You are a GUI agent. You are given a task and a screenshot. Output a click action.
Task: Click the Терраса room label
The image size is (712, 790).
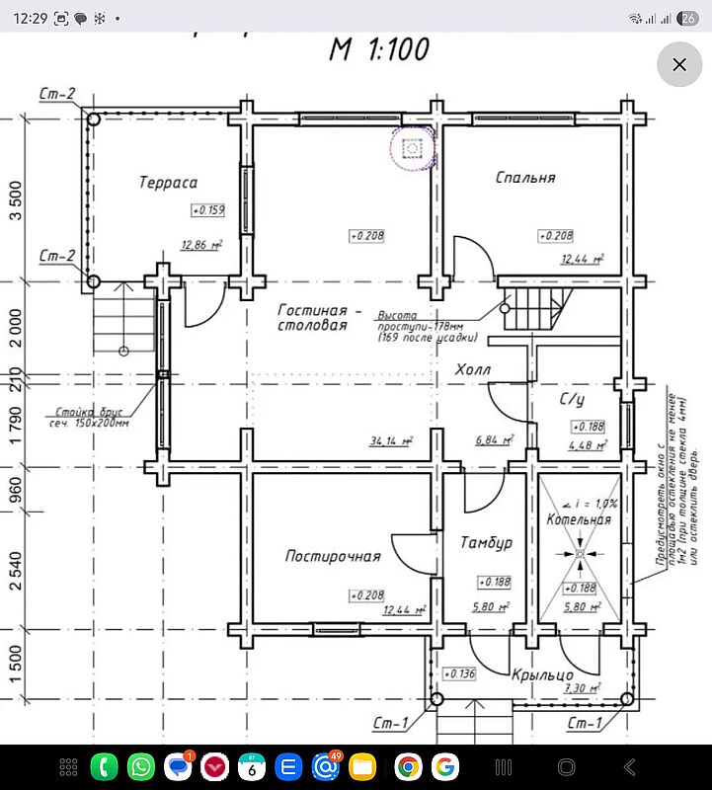(168, 183)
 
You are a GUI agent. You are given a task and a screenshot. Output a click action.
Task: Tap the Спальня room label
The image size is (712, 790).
(524, 179)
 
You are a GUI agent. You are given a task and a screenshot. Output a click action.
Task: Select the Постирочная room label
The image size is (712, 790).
(333, 557)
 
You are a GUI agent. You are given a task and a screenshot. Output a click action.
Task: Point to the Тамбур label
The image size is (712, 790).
(486, 543)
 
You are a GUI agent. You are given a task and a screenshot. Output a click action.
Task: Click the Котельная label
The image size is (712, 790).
(579, 520)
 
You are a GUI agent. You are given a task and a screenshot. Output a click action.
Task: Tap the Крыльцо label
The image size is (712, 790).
(536, 675)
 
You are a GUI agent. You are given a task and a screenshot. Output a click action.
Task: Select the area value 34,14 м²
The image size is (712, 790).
(391, 440)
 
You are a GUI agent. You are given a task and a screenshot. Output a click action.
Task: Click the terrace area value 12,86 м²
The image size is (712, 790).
(200, 245)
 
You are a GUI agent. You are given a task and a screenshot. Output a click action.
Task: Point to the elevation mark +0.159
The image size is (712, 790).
(208, 210)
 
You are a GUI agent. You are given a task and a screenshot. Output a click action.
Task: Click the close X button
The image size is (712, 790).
(678, 65)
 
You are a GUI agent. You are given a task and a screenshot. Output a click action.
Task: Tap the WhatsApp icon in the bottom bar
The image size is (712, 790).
(141, 766)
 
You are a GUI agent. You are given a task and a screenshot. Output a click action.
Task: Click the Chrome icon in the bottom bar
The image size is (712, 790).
(407, 766)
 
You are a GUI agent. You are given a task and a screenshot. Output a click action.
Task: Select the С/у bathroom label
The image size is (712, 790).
(573, 400)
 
